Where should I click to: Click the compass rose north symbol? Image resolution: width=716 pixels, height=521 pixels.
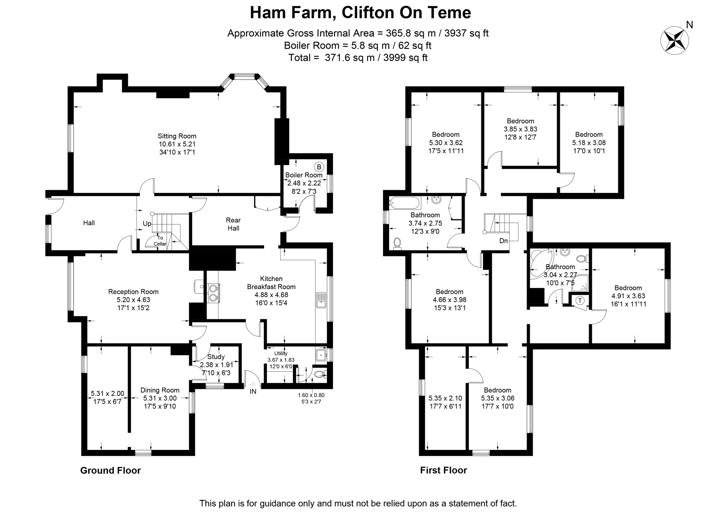pos(674,40)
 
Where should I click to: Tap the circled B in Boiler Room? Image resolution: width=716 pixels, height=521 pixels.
pos(319,167)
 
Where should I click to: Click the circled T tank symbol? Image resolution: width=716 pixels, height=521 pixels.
pos(580,301)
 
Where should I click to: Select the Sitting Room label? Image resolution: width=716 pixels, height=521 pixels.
pos(177,136)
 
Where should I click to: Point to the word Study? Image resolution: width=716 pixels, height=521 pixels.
pos(216,357)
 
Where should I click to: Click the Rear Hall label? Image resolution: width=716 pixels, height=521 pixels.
pos(233,224)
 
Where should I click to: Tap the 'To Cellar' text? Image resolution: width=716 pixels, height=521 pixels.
pos(160,241)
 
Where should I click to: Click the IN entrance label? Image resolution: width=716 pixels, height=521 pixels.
pos(253,391)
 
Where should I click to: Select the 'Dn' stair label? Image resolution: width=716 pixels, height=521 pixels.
pos(503,241)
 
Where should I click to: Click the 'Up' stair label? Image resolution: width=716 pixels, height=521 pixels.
pos(147,223)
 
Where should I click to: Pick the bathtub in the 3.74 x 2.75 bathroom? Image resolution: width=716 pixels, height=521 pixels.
pos(404,203)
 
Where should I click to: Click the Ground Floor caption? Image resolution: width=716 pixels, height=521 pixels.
pos(110,470)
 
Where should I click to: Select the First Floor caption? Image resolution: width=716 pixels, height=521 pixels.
pos(443,470)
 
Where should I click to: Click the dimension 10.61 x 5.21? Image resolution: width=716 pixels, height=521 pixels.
pos(177,144)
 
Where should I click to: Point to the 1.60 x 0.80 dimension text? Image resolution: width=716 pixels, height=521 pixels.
pos(311,395)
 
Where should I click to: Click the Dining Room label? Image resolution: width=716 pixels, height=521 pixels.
pos(160,390)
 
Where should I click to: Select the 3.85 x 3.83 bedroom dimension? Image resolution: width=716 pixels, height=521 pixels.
pos(521,129)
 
